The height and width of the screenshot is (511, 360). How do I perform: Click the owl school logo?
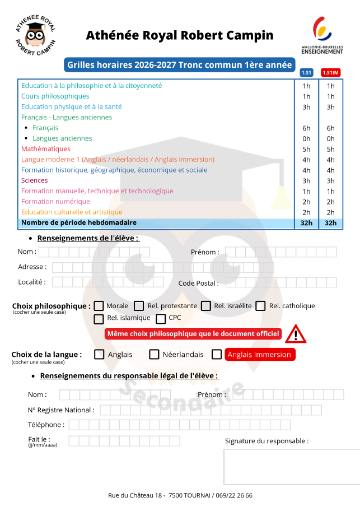click(x=36, y=35)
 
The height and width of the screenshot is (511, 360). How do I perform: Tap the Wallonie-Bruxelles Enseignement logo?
click(x=322, y=35)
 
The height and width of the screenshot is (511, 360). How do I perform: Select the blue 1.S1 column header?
click(x=306, y=72)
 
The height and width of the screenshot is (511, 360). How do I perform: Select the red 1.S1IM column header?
click(x=330, y=72)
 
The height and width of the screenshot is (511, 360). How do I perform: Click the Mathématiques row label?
click(x=46, y=149)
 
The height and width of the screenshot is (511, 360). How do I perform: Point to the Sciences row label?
click(x=35, y=180)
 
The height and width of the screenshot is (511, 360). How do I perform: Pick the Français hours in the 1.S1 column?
click(x=306, y=128)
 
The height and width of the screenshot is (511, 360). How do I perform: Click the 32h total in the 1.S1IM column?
click(x=330, y=223)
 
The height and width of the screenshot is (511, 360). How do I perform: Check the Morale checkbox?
click(x=99, y=306)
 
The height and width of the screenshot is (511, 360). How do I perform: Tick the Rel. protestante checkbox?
click(x=139, y=306)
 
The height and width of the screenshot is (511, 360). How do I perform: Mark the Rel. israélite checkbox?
click(x=205, y=306)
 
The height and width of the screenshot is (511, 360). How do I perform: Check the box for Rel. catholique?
click(x=261, y=306)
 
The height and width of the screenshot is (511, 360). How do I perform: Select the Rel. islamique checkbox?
click(x=99, y=319)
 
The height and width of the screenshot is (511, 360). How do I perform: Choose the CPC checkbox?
click(x=161, y=319)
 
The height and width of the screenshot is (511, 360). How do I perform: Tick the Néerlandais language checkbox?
click(x=154, y=354)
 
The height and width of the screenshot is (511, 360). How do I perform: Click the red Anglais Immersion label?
click(x=260, y=355)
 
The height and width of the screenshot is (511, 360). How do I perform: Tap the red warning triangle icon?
click(x=295, y=335)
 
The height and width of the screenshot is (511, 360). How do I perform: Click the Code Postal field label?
click(x=199, y=284)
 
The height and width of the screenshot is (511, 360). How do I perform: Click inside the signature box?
click(x=291, y=466)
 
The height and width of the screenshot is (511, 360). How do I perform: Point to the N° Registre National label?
click(x=61, y=410)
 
